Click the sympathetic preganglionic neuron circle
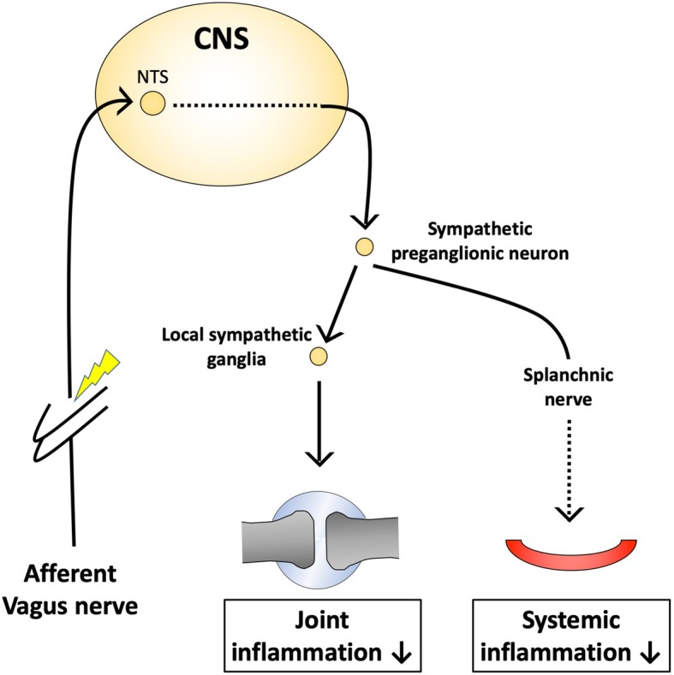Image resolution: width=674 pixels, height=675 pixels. tap(364, 246)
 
